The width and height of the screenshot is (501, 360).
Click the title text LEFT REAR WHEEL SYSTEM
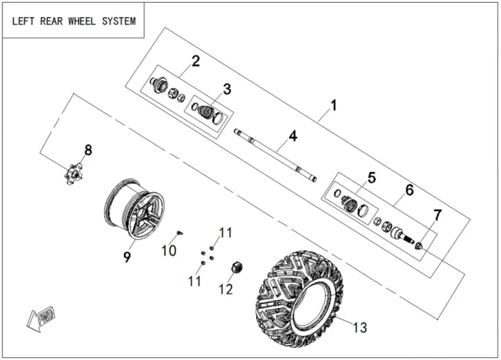click(73, 21)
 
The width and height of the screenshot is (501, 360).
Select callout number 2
click(195, 61)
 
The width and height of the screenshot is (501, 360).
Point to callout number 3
click(227, 89)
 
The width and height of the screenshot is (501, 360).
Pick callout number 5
click(371, 177)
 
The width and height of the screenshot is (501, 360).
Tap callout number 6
click(409, 190)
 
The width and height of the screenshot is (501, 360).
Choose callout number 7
click(437, 214)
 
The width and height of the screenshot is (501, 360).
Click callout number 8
click(88, 150)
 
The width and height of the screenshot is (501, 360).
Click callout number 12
click(226, 289)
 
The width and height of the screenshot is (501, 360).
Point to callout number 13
click(359, 327)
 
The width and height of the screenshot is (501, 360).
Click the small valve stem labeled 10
click(180, 232)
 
